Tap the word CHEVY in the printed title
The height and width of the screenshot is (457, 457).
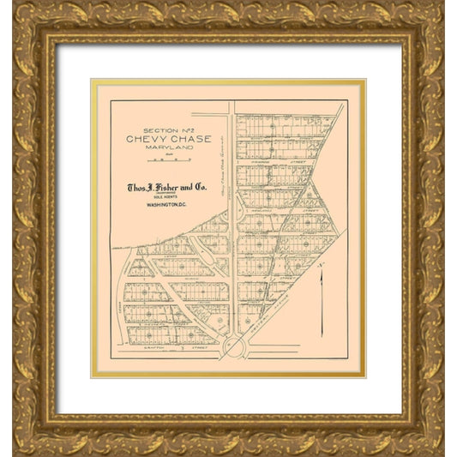click(143, 139)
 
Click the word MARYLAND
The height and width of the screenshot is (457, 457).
click(160, 147)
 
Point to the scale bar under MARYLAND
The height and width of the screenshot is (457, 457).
click(160, 159)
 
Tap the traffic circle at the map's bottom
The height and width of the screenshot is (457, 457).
click(233, 347)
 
